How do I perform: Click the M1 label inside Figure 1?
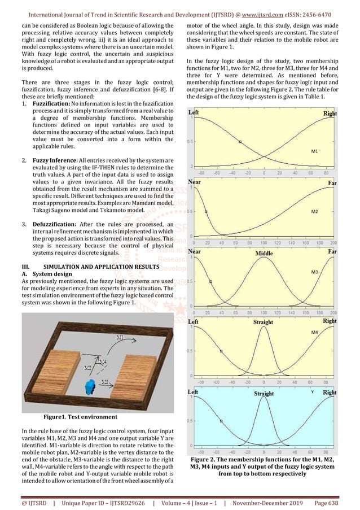tap(120, 337)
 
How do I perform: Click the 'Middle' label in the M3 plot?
tap(264, 254)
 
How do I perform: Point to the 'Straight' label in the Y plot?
tap(264, 394)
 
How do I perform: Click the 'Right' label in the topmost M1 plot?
tap(330, 114)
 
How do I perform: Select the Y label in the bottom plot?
tap(312, 391)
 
